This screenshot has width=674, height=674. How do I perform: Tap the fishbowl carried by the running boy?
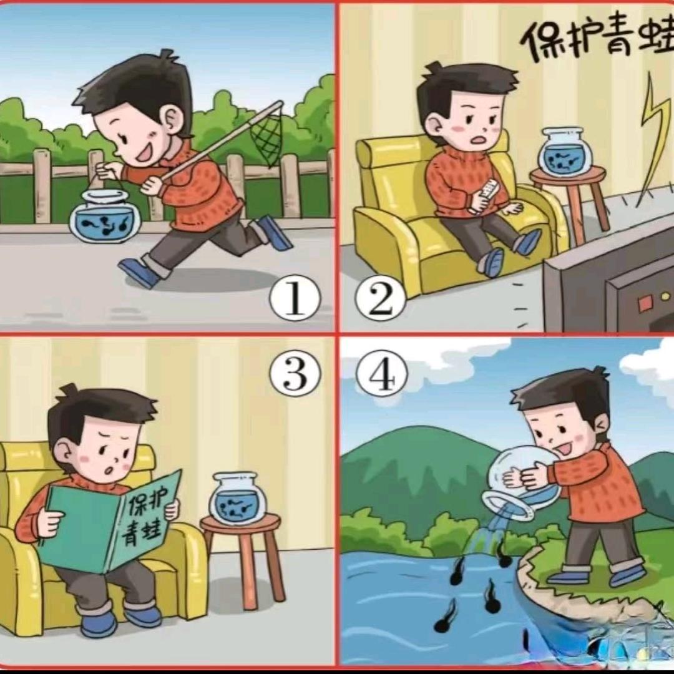tap(104, 216)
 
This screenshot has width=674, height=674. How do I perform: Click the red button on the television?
tap(643, 305)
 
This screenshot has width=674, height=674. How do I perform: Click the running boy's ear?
tap(173, 118)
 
